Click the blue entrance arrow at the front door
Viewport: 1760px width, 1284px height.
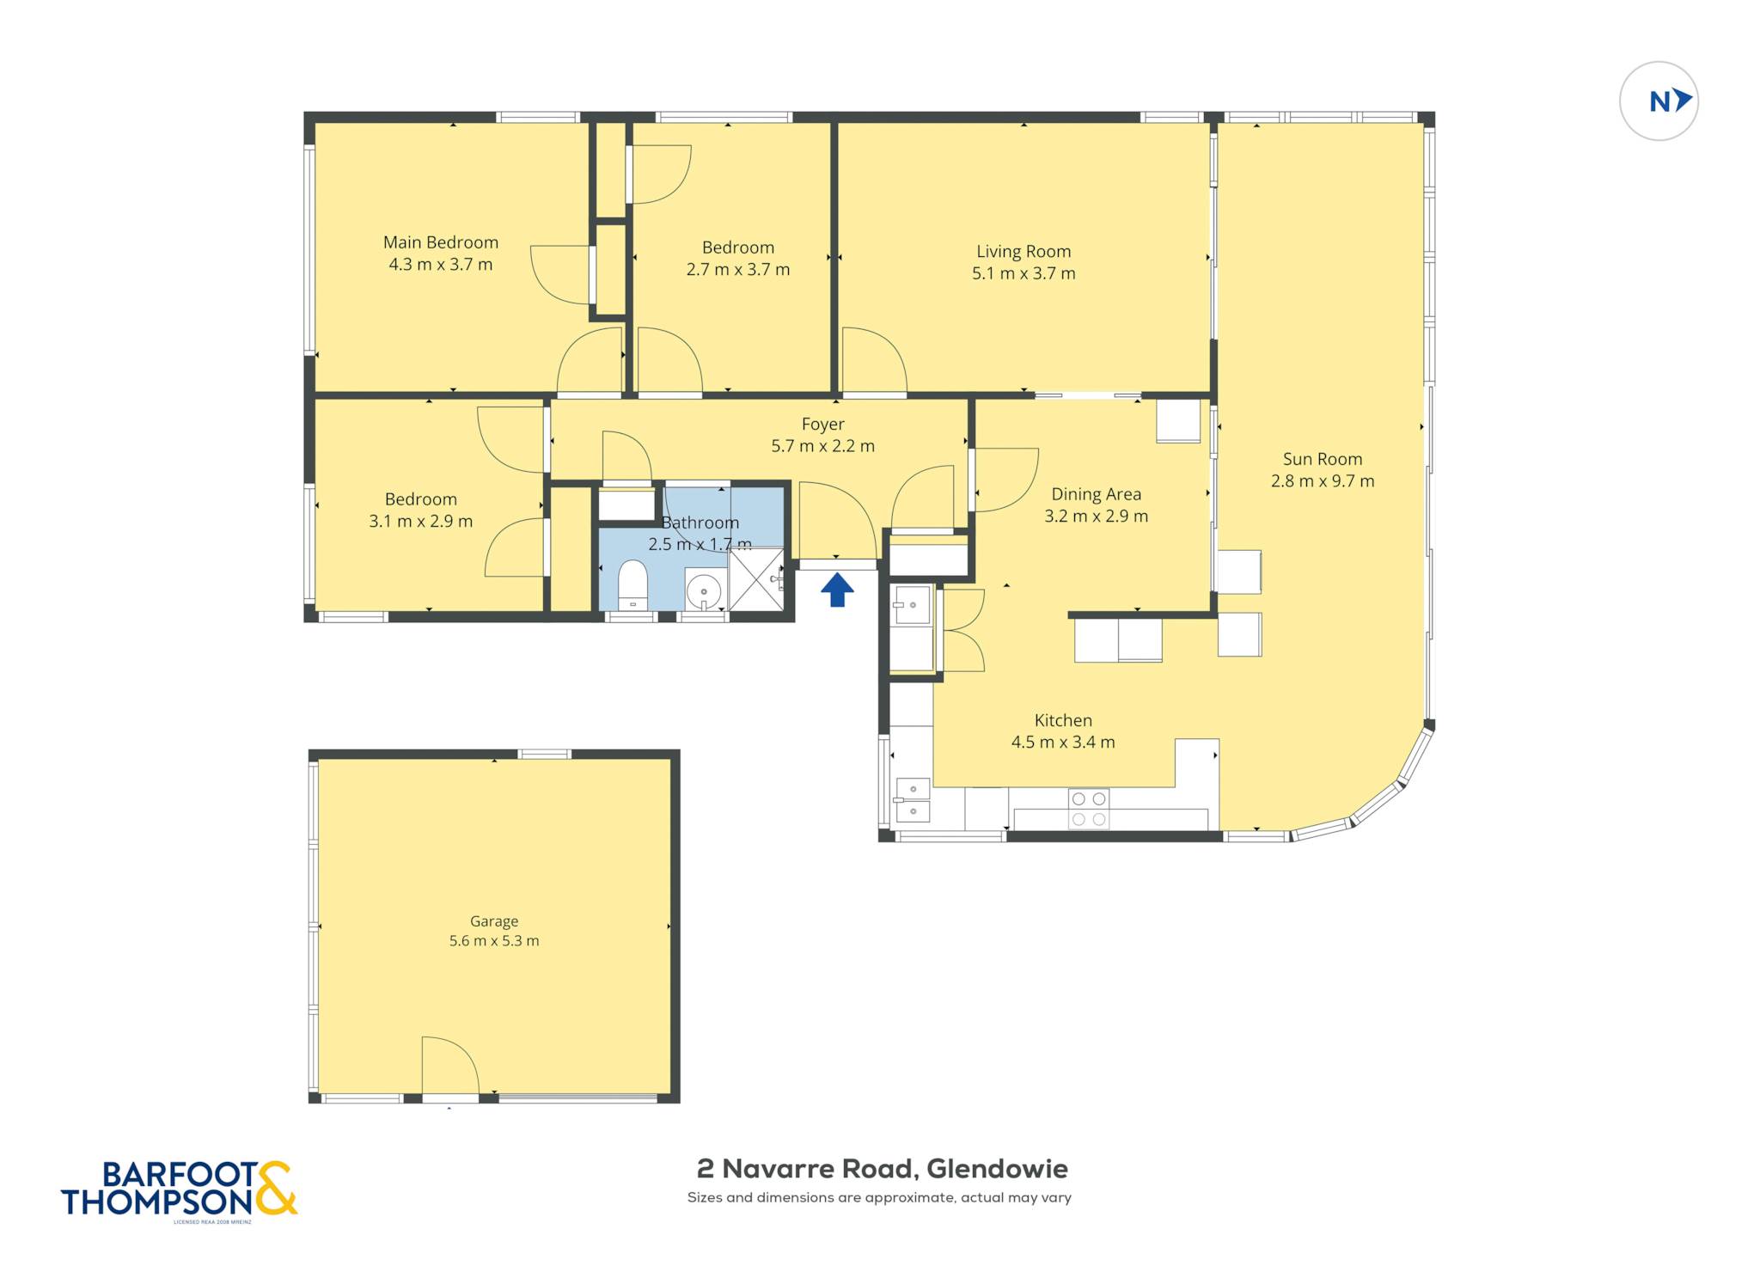click(x=837, y=590)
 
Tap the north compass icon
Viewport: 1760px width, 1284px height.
click(x=1659, y=101)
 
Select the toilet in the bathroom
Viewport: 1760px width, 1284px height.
click(x=632, y=584)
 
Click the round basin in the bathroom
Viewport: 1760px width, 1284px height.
click(x=704, y=591)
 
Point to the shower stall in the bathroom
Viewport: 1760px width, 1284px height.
click(x=756, y=580)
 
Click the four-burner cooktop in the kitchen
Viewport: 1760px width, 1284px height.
click(x=1088, y=809)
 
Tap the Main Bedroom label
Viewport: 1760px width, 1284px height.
click(x=441, y=242)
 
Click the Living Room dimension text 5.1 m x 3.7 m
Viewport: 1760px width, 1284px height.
click(x=1024, y=273)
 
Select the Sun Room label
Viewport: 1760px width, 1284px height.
click(x=1323, y=459)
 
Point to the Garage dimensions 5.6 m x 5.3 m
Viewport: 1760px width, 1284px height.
click(x=494, y=940)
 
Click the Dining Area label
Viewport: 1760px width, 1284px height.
click(x=1097, y=494)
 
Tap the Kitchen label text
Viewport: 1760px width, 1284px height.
click(x=1063, y=720)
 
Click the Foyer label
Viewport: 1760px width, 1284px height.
click(x=823, y=424)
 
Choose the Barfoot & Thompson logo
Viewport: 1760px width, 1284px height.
click(x=179, y=1190)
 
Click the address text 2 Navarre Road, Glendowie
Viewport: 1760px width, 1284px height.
click(x=882, y=1169)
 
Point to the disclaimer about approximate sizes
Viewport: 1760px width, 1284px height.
click(x=879, y=1197)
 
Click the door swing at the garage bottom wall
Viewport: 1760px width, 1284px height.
click(x=450, y=1066)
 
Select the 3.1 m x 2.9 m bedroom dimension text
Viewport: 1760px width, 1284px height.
click(x=421, y=521)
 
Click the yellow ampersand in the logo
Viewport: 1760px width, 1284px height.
click(x=275, y=1189)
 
